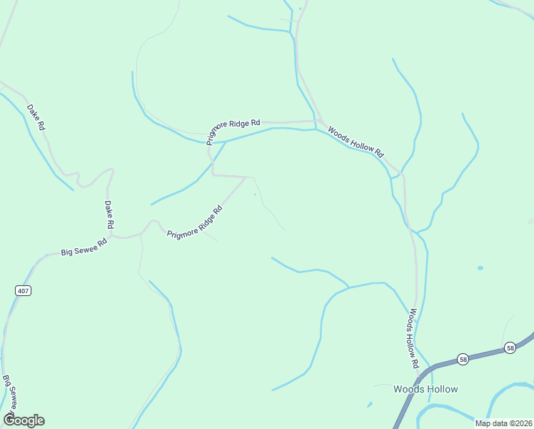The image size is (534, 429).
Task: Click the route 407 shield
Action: [x=22, y=290]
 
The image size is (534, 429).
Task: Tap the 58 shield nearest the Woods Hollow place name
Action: [x=463, y=359]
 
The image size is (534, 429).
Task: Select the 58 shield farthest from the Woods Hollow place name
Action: [x=510, y=347]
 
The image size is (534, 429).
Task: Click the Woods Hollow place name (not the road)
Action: [x=425, y=389]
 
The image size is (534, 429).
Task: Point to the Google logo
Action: [x=24, y=420]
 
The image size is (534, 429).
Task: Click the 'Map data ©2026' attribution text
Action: [x=504, y=423]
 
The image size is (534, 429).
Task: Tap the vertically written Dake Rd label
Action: [x=109, y=214]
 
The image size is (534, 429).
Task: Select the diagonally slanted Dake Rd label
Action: [x=36, y=117]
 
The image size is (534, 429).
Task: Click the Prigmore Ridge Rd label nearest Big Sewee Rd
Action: [x=195, y=222]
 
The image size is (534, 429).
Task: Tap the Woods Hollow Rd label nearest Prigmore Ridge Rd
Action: [x=356, y=142]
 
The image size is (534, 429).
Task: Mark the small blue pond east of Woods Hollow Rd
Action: [x=480, y=268]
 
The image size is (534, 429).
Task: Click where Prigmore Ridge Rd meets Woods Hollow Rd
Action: [x=316, y=121]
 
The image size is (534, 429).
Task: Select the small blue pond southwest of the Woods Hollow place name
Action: [x=369, y=405]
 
